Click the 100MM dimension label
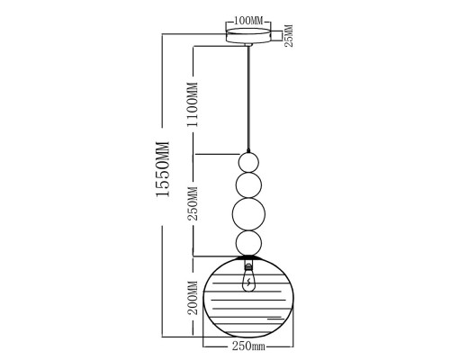coord(248,21)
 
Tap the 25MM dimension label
coord(288,36)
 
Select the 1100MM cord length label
coord(192,104)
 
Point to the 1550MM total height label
coord(163,169)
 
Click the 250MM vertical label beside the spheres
coord(193,203)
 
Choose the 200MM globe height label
coord(193,298)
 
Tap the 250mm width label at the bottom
coord(248,346)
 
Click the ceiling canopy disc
coord(248,36)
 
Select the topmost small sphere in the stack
coord(248,162)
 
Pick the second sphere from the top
coord(248,184)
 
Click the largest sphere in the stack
coord(248,213)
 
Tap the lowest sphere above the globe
coord(248,243)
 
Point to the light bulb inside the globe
coord(248,280)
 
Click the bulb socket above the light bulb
coord(248,265)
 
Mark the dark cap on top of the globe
coord(248,257)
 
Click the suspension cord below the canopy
coord(248,98)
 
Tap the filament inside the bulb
coord(248,283)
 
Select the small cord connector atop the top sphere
coord(248,151)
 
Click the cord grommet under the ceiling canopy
coord(248,45)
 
